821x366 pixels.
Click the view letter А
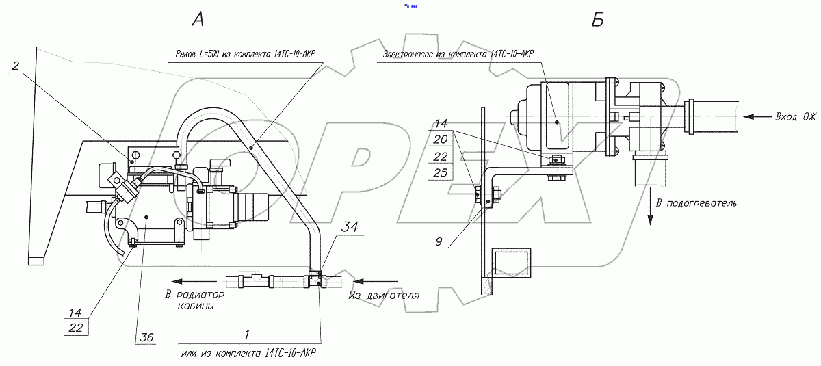coord(197,20)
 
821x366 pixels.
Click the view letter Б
coord(597,21)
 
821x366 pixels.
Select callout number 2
coord(16,66)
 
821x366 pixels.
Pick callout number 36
coord(146,337)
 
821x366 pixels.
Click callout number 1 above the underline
coord(246,335)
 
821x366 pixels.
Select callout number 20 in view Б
coord(442,140)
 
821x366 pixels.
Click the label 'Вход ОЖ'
coord(795,116)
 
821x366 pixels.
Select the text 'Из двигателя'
coord(383,295)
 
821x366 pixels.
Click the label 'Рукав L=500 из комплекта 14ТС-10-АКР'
coord(246,53)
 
